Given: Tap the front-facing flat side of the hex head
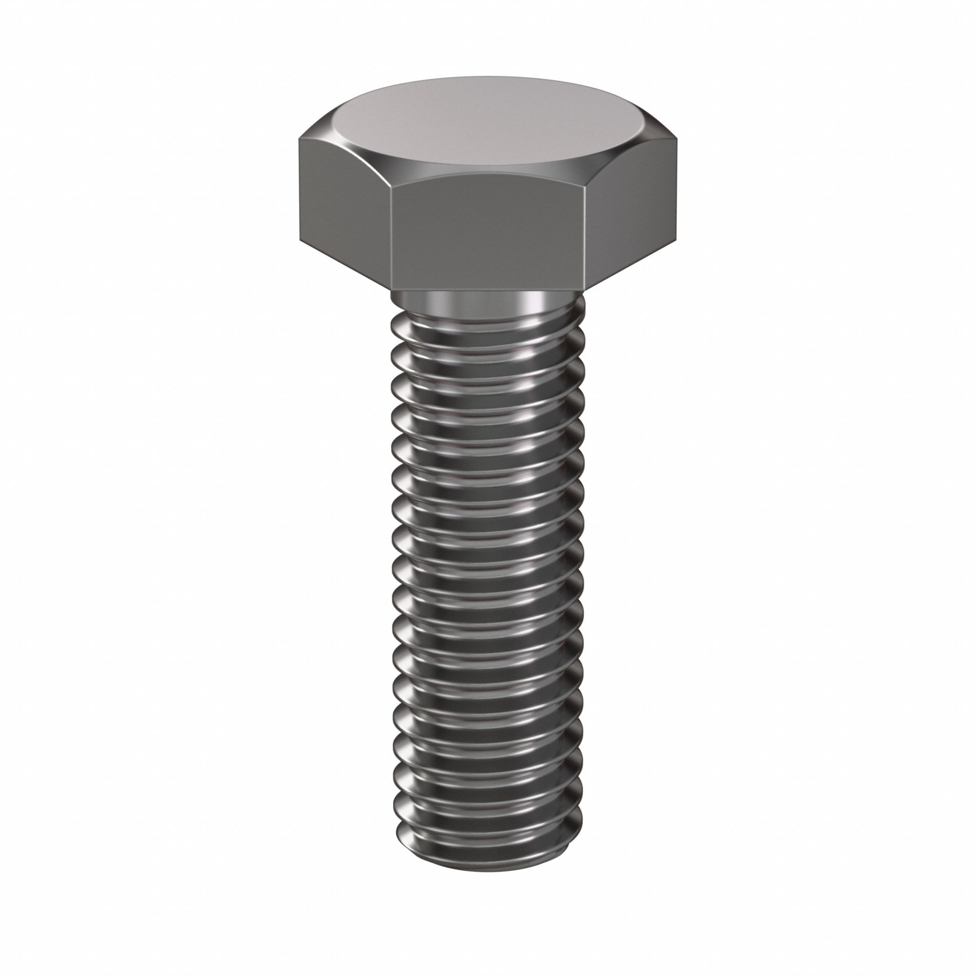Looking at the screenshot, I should pos(488,238).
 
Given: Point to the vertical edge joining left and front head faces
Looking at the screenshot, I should pos(392,238).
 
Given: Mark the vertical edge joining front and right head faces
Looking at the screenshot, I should pos(585,238).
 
